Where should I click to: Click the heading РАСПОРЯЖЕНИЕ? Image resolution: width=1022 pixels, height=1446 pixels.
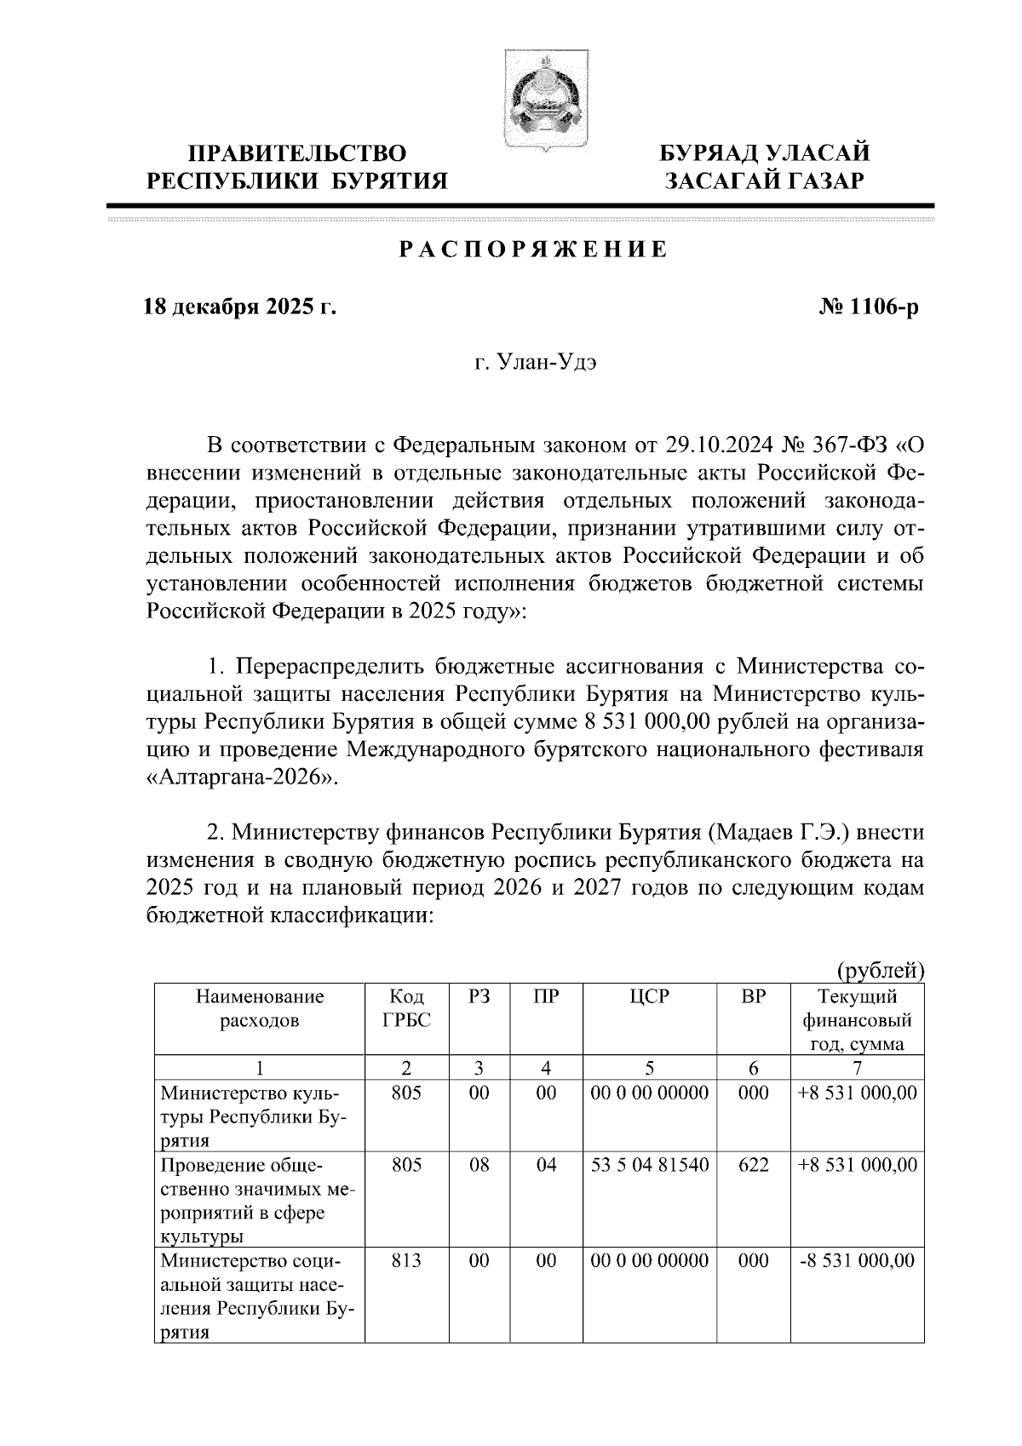pyautogui.click(x=534, y=250)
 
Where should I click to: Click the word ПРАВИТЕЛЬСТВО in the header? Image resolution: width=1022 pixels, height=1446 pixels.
pyautogui.click(x=297, y=154)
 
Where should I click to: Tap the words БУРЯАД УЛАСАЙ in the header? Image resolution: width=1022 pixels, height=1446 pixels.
pyautogui.click(x=767, y=154)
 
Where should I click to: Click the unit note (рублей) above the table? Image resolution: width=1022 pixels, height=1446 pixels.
pyautogui.click(x=880, y=970)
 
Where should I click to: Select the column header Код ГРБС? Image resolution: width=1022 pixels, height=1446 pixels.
pyautogui.click(x=406, y=1007)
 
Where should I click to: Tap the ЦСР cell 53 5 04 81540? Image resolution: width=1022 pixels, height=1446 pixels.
pyautogui.click(x=650, y=1165)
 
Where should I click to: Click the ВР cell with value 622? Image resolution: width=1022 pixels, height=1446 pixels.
pyautogui.click(x=753, y=1165)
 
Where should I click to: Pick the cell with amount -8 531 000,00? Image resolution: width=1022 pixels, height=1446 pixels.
pyautogui.click(x=857, y=1260)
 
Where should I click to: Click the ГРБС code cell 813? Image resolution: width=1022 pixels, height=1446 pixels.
pyautogui.click(x=406, y=1260)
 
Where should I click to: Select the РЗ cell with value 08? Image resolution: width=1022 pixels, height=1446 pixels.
pyautogui.click(x=479, y=1165)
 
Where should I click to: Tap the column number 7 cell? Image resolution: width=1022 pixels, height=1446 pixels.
pyautogui.click(x=857, y=1068)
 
